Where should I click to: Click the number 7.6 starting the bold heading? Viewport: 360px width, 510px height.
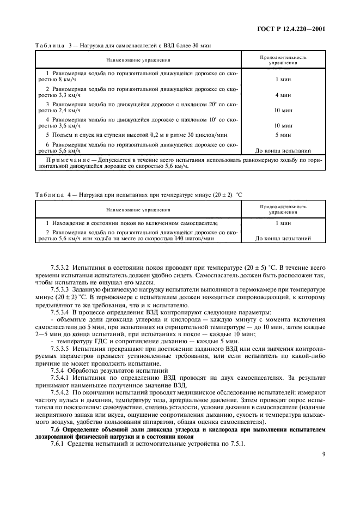55,429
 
